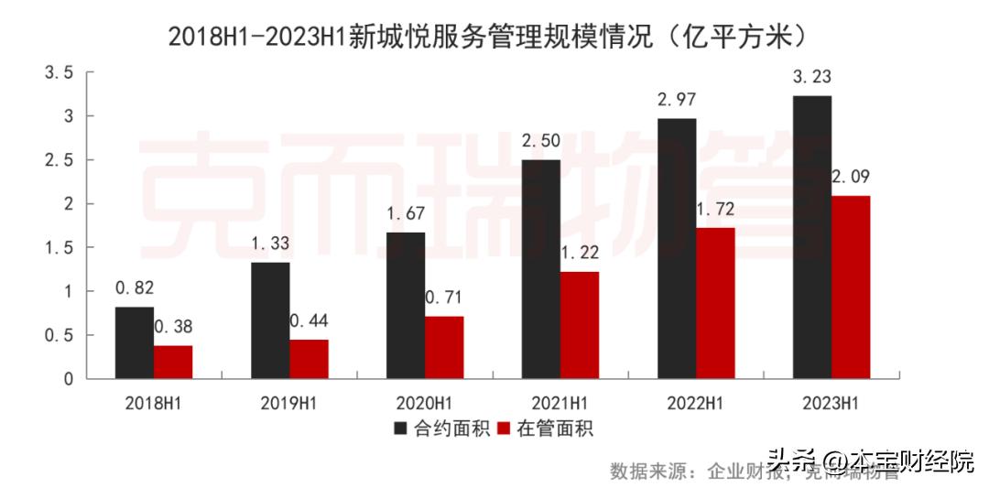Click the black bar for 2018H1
click(135, 342)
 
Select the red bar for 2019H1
click(309, 359)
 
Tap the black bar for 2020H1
click(406, 305)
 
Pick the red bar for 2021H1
click(580, 325)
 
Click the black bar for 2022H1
click(677, 248)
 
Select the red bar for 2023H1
click(851, 287)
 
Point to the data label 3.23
click(811, 79)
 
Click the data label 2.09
click(852, 178)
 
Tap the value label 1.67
click(405, 214)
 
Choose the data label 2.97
click(676, 101)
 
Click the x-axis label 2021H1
click(560, 401)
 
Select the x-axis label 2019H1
click(289, 401)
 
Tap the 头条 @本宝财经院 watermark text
click(870, 460)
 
